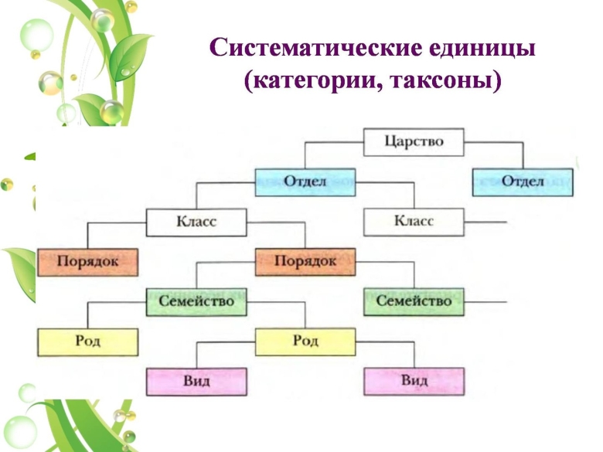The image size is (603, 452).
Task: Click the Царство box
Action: click(x=414, y=142)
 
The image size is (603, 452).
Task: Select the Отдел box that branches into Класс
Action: click(x=305, y=182)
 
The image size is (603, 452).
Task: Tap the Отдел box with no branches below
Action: click(x=523, y=182)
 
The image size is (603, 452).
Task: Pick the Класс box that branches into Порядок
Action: click(x=196, y=223)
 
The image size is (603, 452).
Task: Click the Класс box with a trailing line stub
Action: click(x=414, y=223)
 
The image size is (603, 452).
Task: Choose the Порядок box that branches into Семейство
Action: click(x=305, y=262)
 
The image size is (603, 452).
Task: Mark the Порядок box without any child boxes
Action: click(x=87, y=262)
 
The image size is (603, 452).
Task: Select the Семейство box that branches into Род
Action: click(x=196, y=301)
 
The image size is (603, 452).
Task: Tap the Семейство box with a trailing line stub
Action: click(x=414, y=301)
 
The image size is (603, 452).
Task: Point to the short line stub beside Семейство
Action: click(x=486, y=301)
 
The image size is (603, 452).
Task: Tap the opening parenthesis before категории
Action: click(x=248, y=80)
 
